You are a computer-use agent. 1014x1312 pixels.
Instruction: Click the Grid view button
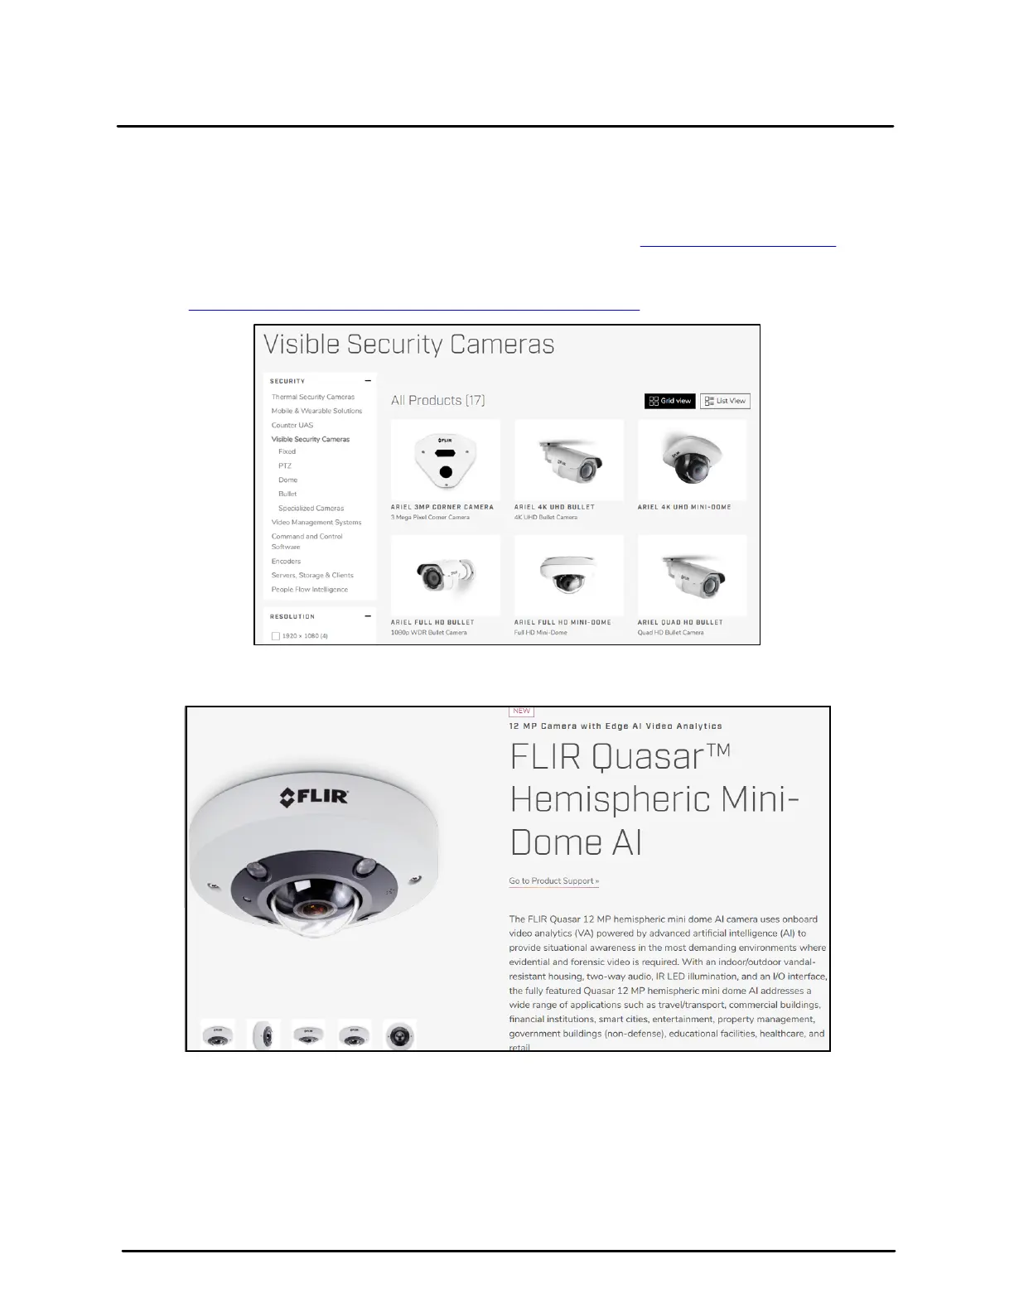670,401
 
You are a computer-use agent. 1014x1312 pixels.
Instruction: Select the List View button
725,401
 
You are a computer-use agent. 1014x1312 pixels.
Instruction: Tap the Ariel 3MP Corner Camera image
445,460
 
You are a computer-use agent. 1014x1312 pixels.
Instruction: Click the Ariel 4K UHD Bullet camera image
568,460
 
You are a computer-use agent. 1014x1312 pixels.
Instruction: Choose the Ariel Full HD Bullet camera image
445,575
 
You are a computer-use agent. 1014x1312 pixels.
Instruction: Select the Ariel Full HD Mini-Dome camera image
568,575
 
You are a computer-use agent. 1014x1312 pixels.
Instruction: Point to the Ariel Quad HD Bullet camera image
692,575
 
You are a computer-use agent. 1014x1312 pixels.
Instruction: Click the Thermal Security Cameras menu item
312,397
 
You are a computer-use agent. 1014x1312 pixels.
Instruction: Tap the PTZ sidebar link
285,465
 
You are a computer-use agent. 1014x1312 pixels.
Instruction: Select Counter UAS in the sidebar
292,425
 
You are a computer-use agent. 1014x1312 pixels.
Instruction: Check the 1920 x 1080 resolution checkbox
276,636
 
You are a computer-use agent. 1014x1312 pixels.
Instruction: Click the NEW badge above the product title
521,711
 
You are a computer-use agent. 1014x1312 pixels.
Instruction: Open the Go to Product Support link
553,880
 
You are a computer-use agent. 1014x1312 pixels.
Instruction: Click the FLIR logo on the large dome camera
314,798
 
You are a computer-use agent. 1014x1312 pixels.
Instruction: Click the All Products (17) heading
437,400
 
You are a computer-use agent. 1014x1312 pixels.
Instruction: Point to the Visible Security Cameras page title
408,344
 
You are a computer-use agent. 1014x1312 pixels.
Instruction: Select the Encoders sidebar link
286,561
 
